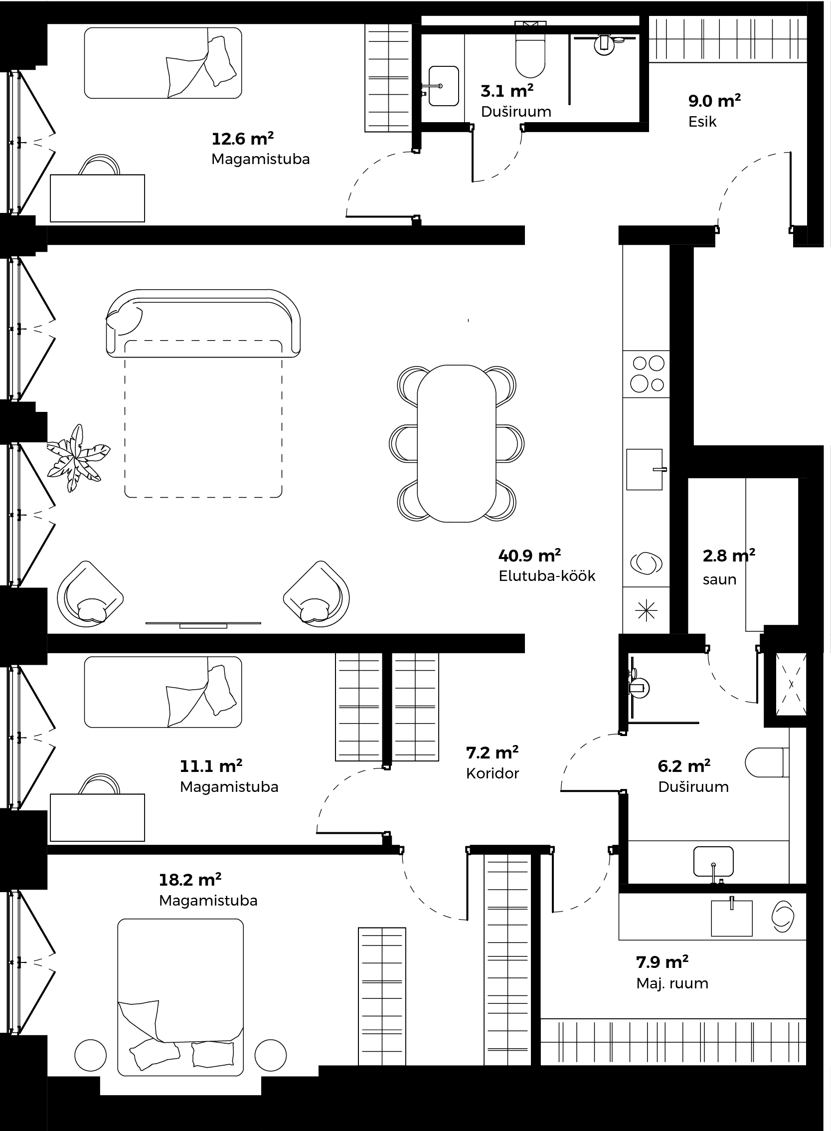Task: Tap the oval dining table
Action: pos(456,443)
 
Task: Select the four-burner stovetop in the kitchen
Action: pos(648,374)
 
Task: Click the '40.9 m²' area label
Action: pos(529,556)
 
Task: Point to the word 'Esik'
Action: pos(702,122)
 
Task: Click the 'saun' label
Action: pos(719,579)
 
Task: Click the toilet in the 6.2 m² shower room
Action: pos(767,762)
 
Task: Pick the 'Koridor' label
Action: pos(493,773)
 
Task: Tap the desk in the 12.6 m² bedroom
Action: pos(98,198)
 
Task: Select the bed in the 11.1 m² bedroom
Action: pos(163,692)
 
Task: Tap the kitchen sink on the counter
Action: pos(645,469)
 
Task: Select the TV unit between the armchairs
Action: pos(203,624)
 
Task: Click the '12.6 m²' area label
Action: pos(242,138)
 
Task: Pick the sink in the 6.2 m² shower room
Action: pos(713,862)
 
